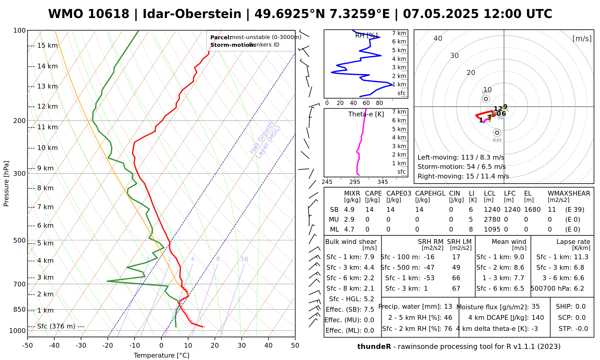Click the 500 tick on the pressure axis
pos(19,240)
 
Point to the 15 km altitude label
pos(47,46)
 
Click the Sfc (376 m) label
pos(56,326)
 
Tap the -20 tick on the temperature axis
pos(108,346)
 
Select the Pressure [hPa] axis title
pos(6,184)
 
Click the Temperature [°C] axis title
pos(161,355)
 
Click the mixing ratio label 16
pos(244,259)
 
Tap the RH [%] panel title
pos(366,35)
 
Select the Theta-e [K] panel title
pos(366,114)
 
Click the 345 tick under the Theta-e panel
pos(382,182)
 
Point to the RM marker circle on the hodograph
pos(497,133)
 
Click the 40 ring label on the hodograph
pos(438,38)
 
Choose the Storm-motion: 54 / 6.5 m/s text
pos(461,167)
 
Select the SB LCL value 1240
pos(492,210)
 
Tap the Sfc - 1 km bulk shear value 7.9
pos(369,257)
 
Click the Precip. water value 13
pos(448,307)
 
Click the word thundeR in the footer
pos(374,347)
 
